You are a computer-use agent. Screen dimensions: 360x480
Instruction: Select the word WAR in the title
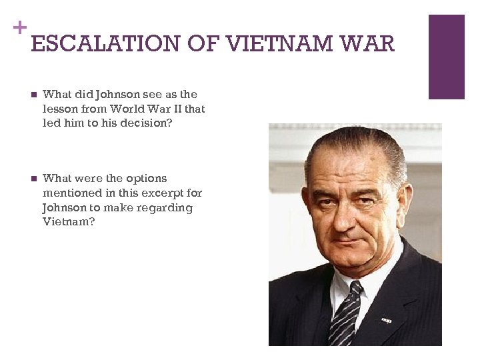368,45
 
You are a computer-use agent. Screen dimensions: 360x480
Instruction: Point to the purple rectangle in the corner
446,57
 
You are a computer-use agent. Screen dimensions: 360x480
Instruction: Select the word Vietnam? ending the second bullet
69,223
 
